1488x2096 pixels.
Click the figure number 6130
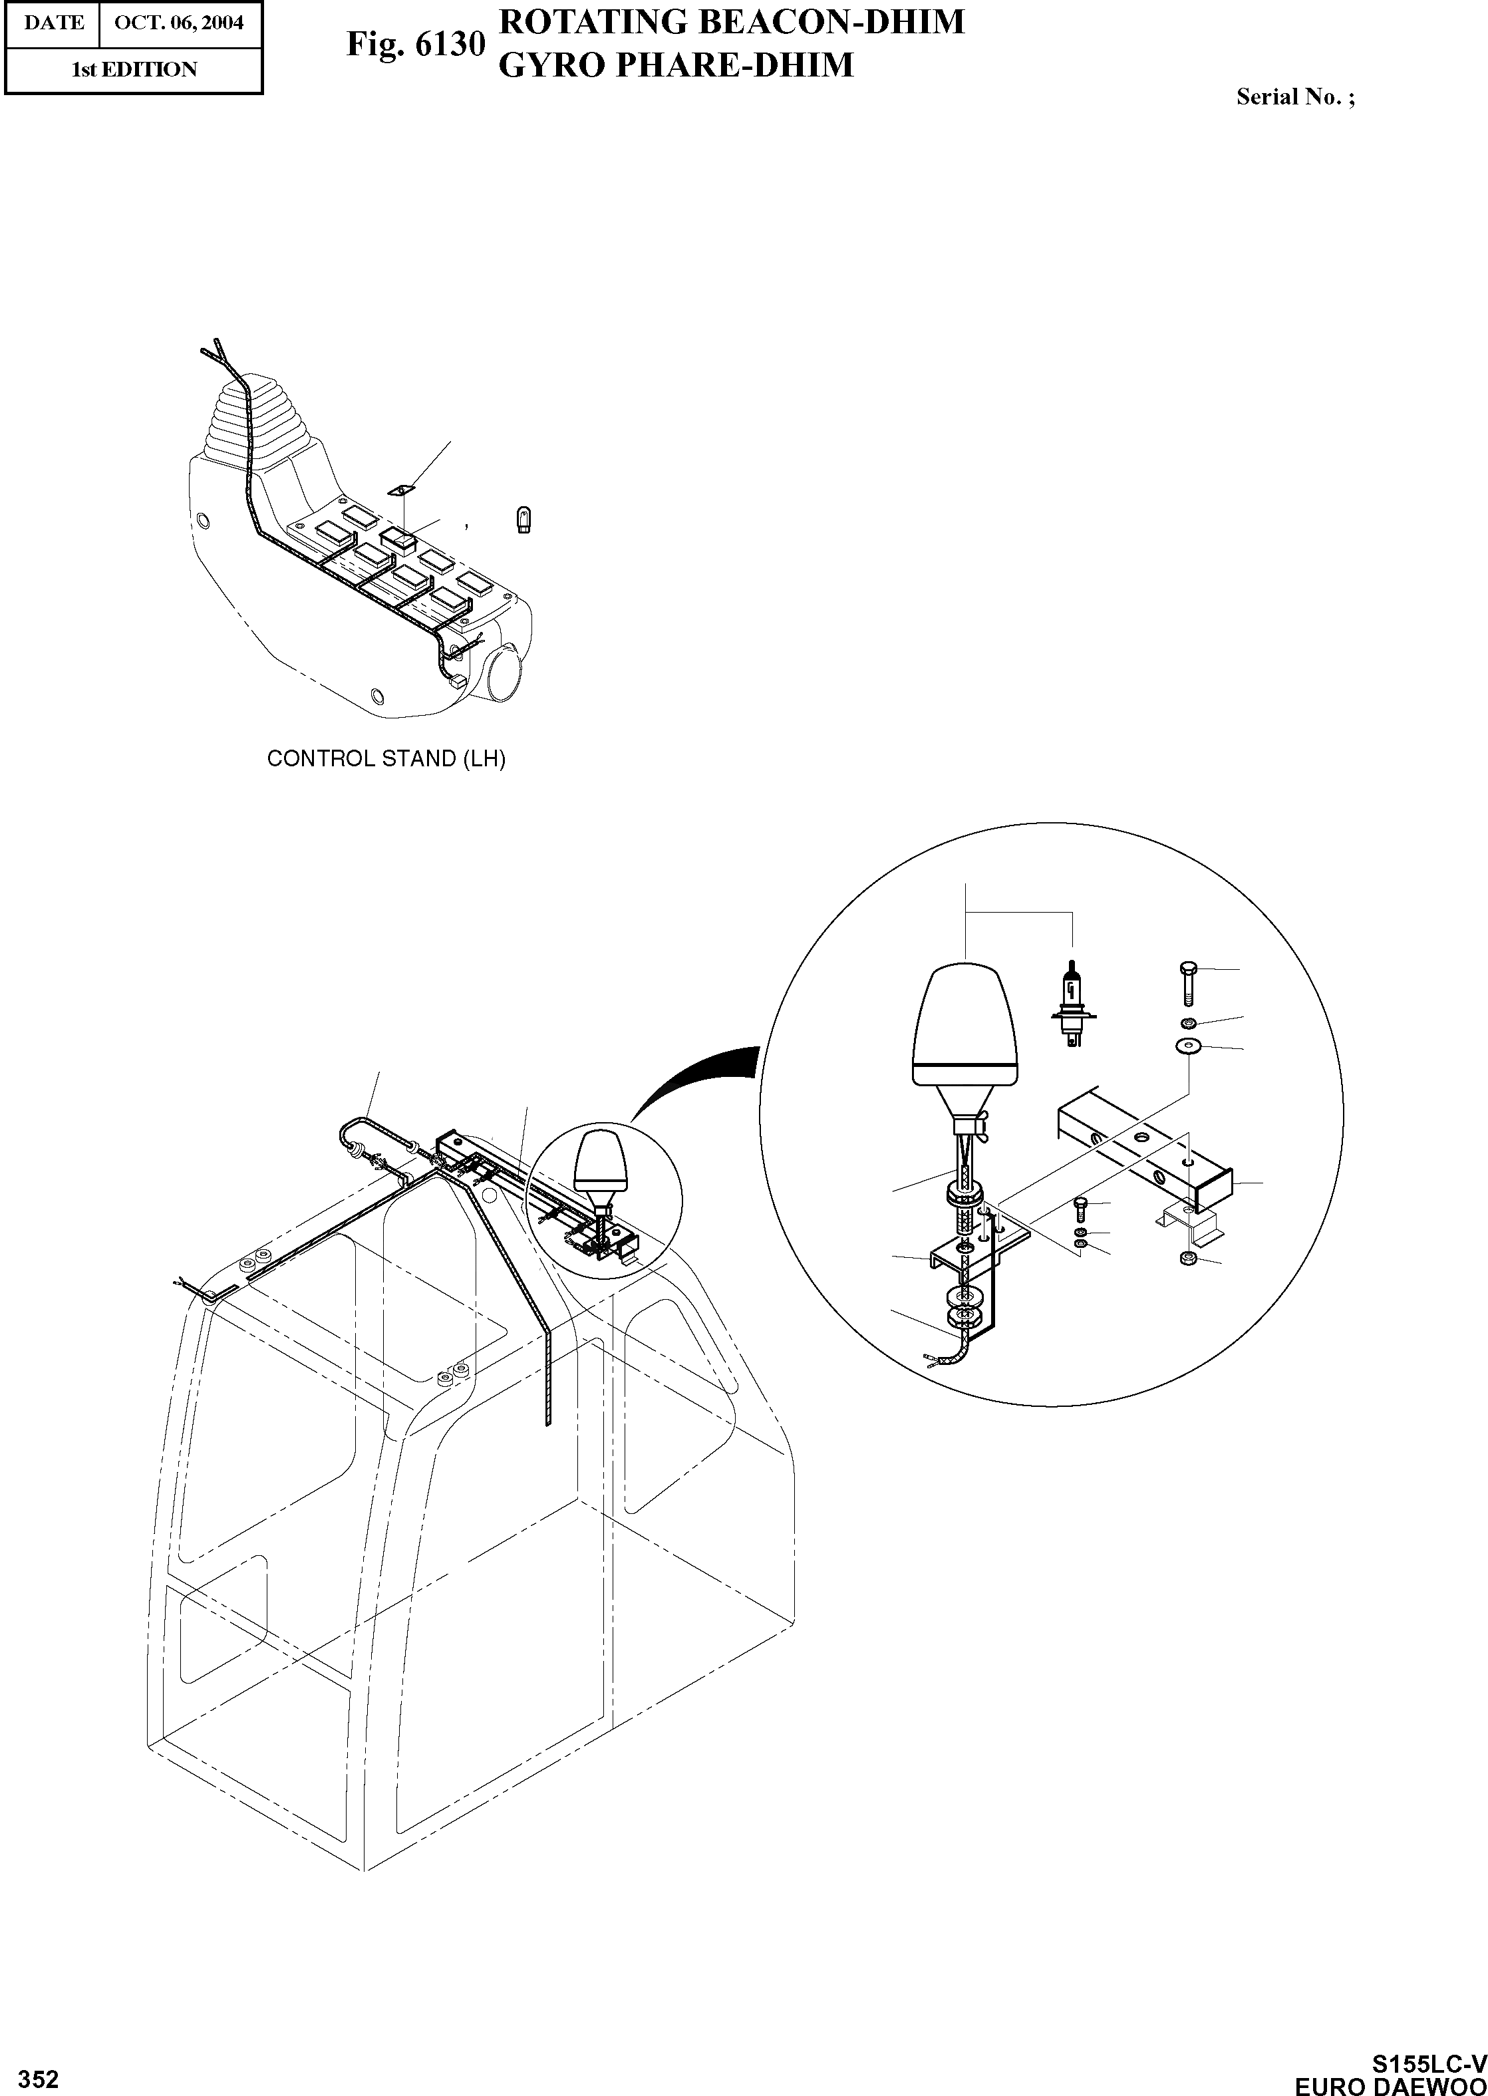click(x=414, y=44)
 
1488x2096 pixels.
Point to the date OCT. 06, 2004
click(x=179, y=22)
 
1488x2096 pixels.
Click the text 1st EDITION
click(x=134, y=70)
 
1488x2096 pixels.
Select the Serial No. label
click(x=1294, y=97)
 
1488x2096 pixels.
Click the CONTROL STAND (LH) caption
click(x=386, y=758)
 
